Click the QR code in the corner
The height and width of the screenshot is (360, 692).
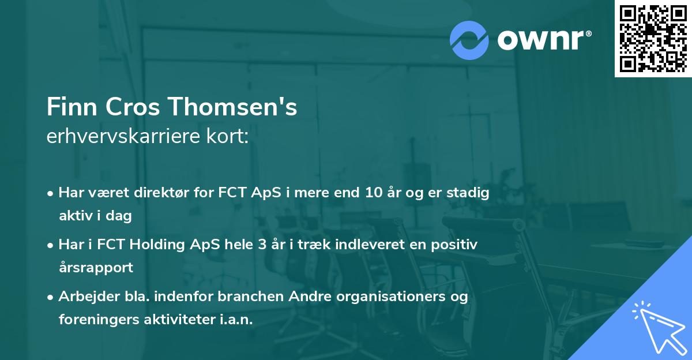[653, 39]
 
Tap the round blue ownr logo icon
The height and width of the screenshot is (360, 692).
[469, 39]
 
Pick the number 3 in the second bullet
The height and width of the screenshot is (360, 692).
[262, 245]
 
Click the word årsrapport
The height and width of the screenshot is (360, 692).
[96, 268]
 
